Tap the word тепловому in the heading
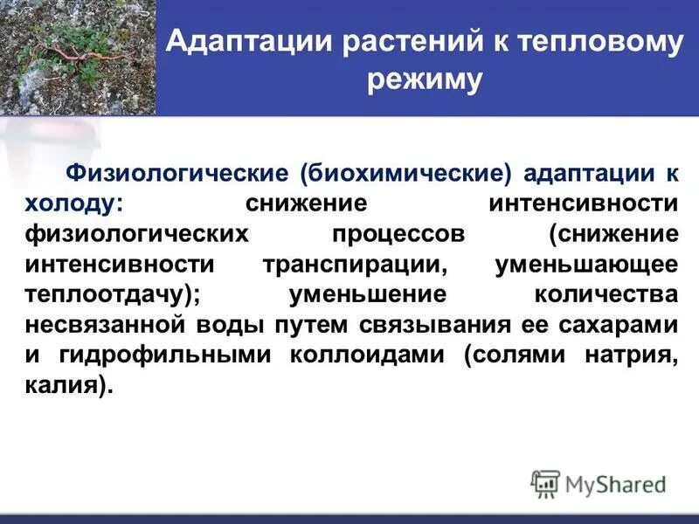click(579, 42)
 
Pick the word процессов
click(397, 233)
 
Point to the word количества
click(606, 294)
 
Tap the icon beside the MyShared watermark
click(545, 483)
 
